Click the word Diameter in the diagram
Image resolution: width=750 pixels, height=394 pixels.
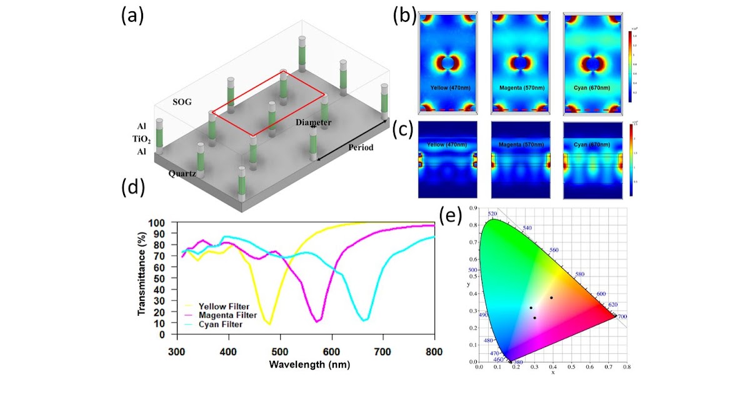tap(313, 123)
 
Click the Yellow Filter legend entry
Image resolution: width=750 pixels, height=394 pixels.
tap(224, 306)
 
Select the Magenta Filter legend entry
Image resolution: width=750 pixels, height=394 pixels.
tap(227, 316)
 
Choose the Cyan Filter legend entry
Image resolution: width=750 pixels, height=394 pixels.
tap(221, 325)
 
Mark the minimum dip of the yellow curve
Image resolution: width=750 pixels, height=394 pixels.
tap(269, 324)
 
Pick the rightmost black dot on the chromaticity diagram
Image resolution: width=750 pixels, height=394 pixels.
tap(551, 298)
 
